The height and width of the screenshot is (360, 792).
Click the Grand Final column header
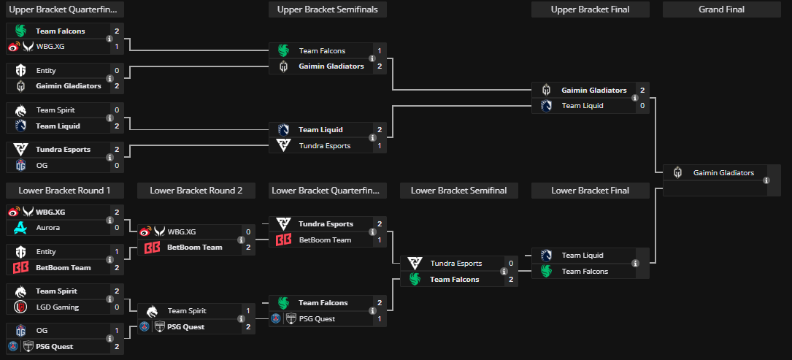click(721, 9)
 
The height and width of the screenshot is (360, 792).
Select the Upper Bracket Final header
click(590, 9)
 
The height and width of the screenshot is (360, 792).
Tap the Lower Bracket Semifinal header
click(458, 191)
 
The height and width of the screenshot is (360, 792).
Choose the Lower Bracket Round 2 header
click(196, 191)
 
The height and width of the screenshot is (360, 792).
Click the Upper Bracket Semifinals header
click(327, 9)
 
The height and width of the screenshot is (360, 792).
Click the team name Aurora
click(48, 228)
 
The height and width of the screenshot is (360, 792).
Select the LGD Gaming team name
click(57, 307)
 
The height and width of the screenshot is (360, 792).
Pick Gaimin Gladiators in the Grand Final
click(723, 173)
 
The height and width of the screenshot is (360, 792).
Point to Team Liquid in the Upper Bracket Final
click(582, 106)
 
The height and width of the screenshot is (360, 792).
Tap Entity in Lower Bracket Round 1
click(46, 252)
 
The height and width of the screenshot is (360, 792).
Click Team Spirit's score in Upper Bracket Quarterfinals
click(117, 110)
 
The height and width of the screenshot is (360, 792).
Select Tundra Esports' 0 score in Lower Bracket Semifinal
click(511, 264)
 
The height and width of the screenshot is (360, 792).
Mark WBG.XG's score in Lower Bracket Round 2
click(248, 231)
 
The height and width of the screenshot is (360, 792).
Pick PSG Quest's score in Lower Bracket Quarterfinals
click(380, 319)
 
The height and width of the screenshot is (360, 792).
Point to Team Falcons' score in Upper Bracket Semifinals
click(380, 51)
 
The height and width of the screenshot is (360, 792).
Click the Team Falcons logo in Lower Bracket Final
click(546, 272)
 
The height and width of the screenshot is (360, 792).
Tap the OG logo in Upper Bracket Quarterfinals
click(20, 165)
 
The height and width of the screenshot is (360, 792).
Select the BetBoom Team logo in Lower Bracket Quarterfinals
click(283, 240)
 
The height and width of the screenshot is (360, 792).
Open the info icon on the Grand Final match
click(766, 181)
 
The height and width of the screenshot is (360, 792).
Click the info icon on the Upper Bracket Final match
click(634, 98)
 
